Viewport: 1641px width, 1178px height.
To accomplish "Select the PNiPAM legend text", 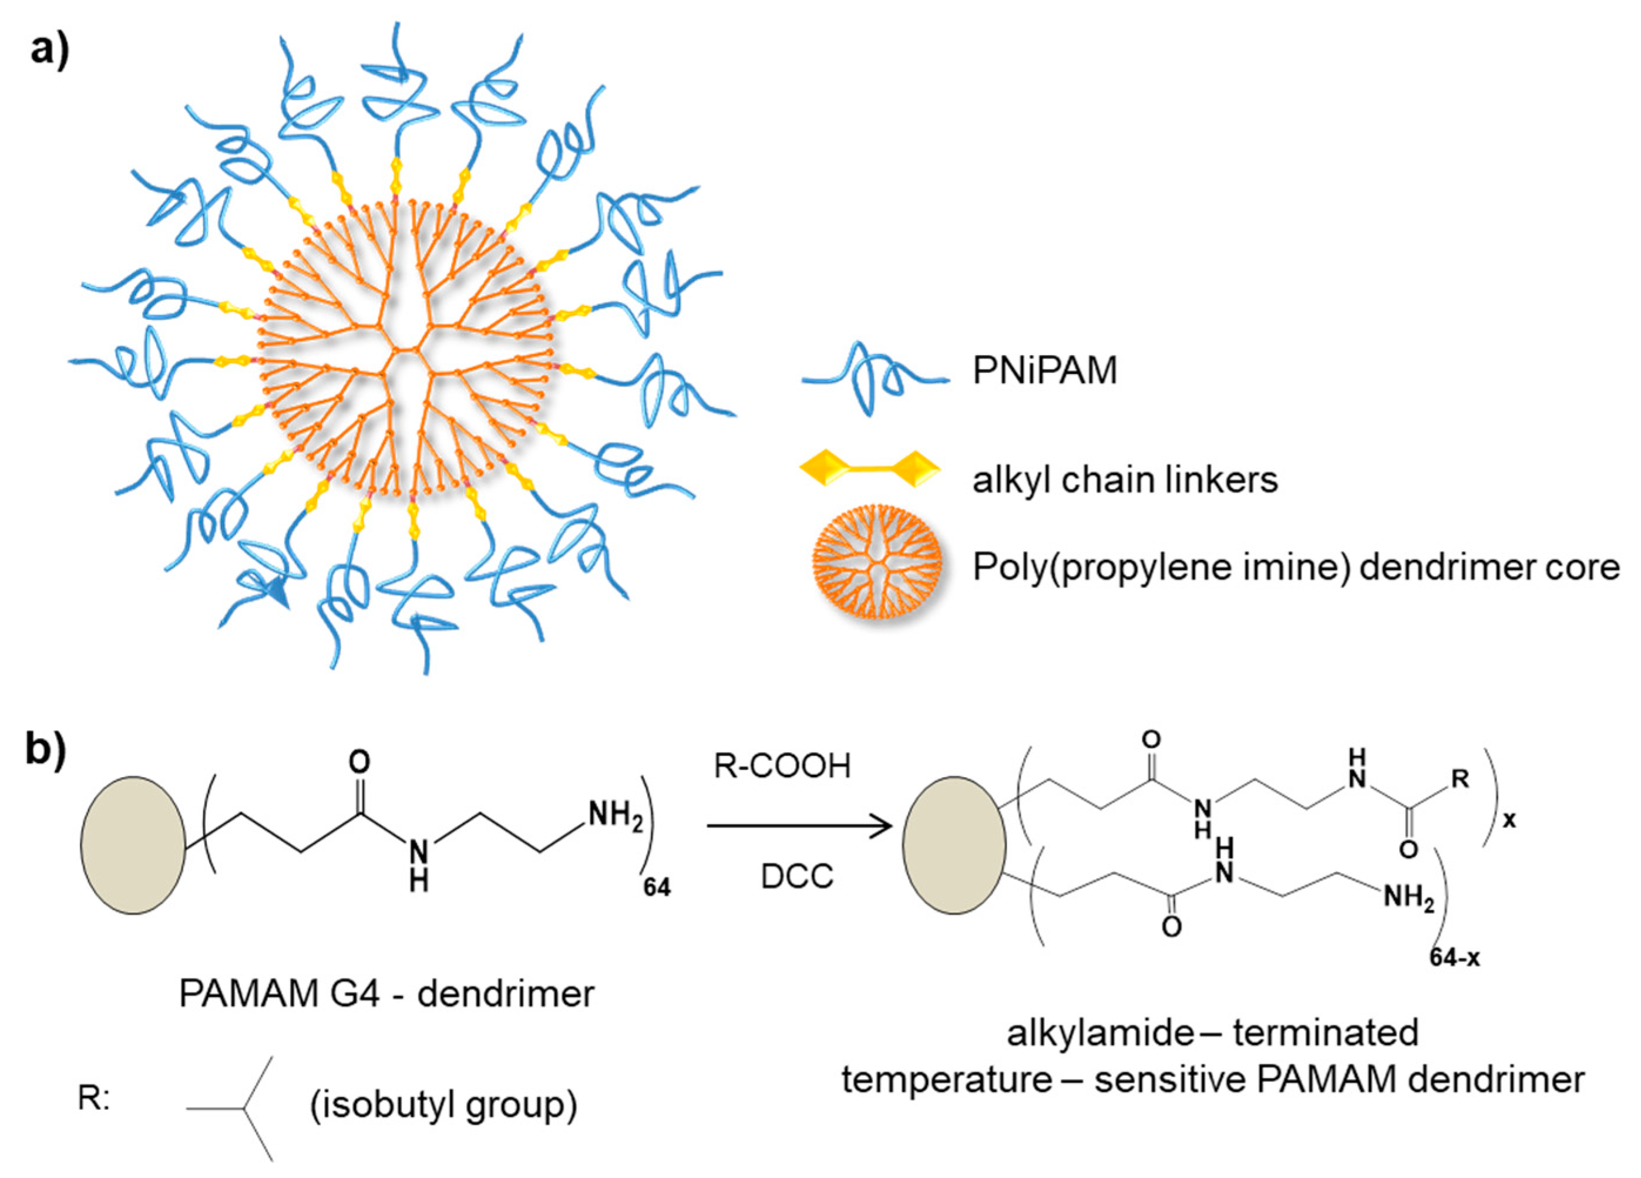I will (1044, 371).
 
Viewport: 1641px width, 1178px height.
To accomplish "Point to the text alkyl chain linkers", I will (1125, 480).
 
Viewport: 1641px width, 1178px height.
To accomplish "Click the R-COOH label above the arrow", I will (782, 767).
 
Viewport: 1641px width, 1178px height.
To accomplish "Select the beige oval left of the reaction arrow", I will (132, 845).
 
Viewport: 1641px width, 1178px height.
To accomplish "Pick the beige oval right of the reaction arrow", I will (954, 845).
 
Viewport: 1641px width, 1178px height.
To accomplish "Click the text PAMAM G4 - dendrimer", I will (386, 994).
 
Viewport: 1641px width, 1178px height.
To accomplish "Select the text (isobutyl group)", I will (443, 1105).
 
